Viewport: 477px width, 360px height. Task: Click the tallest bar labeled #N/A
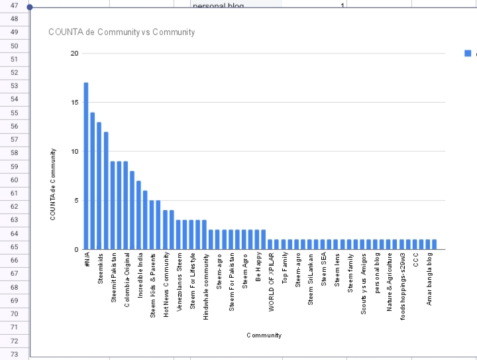(86, 166)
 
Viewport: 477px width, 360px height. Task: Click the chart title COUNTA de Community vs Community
(122, 32)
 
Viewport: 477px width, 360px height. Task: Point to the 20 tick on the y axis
(74, 54)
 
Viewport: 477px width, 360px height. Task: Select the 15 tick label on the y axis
(74, 103)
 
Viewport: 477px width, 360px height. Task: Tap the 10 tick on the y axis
(74, 152)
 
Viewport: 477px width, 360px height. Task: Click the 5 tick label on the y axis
(76, 200)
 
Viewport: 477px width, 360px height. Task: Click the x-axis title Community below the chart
(264, 335)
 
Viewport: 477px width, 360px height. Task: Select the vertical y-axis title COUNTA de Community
(52, 184)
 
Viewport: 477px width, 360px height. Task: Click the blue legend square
(468, 54)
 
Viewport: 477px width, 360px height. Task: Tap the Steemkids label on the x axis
(100, 269)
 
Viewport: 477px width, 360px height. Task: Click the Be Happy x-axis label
(258, 267)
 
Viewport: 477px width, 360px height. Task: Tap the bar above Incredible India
(138, 215)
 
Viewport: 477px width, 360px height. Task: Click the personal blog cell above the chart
(219, 5)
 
